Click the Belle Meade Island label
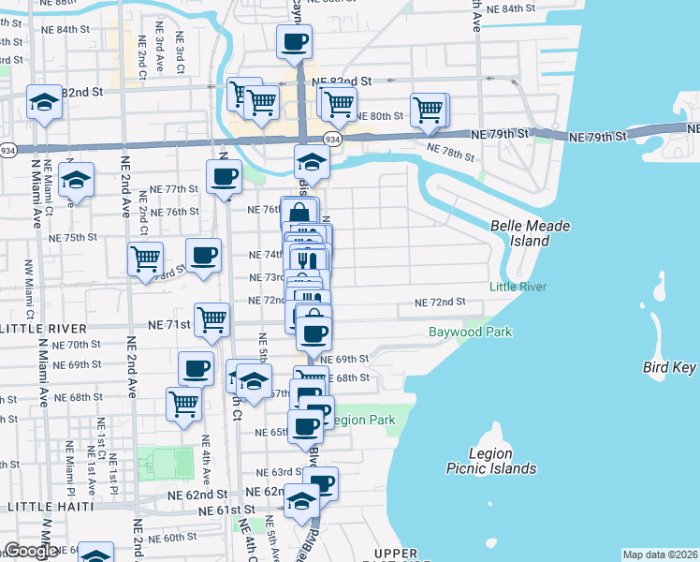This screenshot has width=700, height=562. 530,233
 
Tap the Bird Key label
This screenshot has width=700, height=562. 669,367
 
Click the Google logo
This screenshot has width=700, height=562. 30,552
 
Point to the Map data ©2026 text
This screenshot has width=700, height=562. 661,555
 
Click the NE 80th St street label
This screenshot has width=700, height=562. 386,116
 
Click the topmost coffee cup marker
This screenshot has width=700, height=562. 294,42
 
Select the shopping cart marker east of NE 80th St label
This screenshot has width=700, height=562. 428,109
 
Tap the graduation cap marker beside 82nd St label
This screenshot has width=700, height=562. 44,103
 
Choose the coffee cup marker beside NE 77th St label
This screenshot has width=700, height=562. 224,176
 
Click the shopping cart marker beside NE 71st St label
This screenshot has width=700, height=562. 212,319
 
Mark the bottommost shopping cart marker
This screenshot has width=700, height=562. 184,405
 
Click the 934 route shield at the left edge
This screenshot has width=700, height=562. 7,149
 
